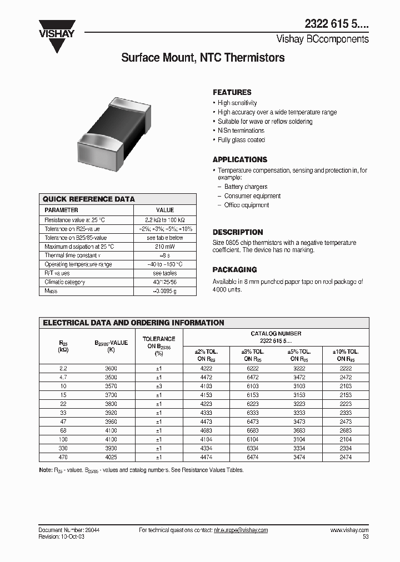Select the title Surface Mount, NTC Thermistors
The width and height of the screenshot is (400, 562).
tap(203, 58)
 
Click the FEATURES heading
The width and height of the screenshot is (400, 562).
tap(232, 92)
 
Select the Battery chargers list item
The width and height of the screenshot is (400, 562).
tap(246, 187)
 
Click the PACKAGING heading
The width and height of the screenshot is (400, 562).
tap(234, 269)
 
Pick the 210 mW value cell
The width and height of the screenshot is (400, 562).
tap(165, 247)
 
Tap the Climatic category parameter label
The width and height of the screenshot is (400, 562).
tap(64, 282)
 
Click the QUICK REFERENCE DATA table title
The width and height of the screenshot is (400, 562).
tap(89, 199)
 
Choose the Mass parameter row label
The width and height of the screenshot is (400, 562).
tap(51, 291)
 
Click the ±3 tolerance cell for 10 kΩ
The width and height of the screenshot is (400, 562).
tap(159, 386)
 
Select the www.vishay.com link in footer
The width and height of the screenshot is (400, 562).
tap(349, 530)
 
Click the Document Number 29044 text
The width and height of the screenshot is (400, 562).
tap(69, 530)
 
